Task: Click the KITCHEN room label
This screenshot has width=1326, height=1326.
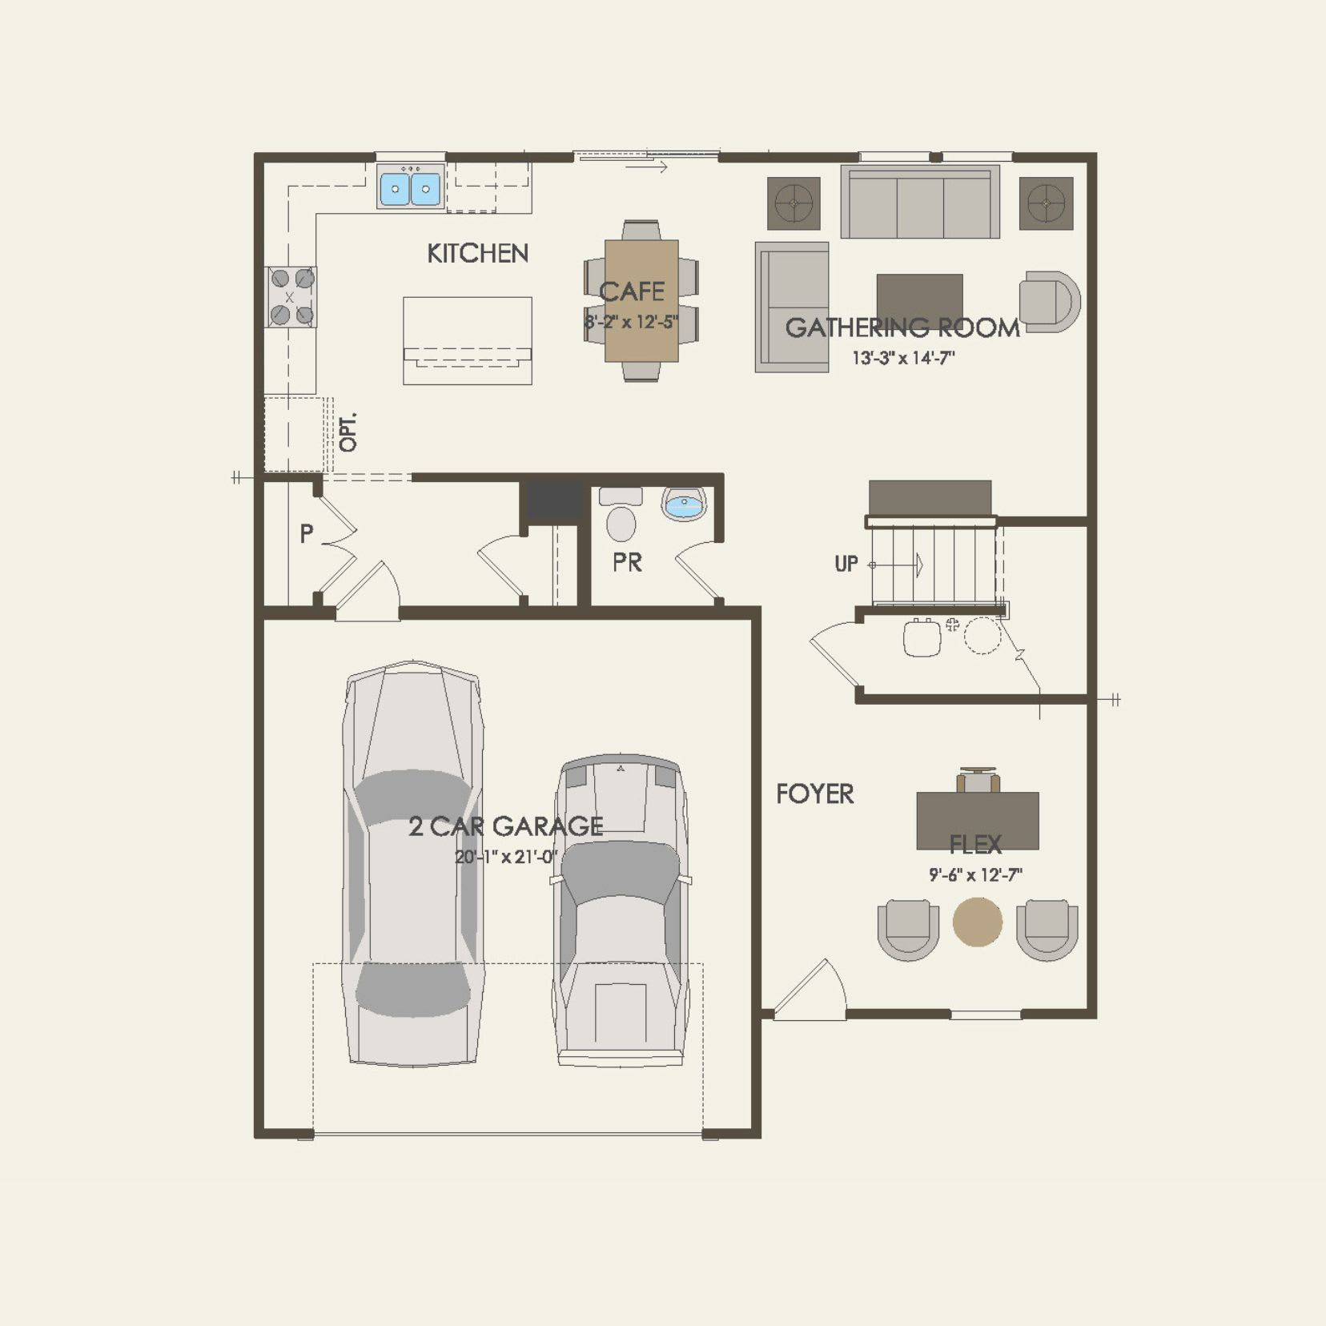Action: (477, 254)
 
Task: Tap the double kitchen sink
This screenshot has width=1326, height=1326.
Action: (410, 189)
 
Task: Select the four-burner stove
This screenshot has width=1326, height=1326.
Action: (291, 297)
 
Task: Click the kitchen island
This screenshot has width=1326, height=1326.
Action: (467, 340)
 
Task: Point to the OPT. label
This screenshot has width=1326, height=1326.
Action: (348, 432)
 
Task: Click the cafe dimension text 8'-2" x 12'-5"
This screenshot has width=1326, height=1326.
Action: (631, 323)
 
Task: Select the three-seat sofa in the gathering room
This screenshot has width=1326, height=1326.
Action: (920, 202)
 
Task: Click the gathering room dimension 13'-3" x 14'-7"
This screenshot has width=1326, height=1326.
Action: (902, 358)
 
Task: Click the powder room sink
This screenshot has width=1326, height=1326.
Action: (685, 504)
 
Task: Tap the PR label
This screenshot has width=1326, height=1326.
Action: (627, 562)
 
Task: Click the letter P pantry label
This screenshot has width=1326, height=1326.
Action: (307, 534)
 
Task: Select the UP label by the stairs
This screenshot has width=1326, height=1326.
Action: (846, 564)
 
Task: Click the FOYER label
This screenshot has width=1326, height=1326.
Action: (814, 794)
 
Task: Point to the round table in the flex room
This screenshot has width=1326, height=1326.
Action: (977, 922)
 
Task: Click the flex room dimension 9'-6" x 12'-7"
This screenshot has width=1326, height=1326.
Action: (975, 875)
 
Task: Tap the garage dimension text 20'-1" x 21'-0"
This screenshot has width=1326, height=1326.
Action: (506, 857)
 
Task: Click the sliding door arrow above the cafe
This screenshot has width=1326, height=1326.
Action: (646, 167)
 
